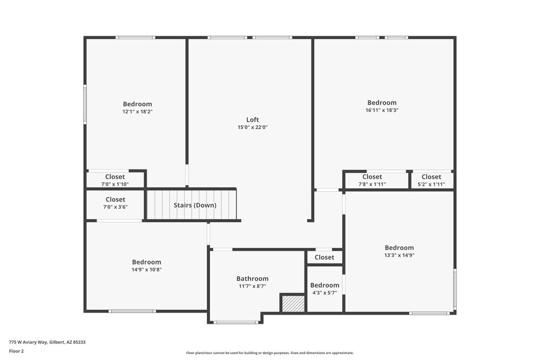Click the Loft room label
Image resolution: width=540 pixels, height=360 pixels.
252,120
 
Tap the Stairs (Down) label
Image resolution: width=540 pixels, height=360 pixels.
195,205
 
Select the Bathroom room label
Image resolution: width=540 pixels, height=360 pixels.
252,279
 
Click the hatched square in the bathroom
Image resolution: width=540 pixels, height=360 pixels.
293,303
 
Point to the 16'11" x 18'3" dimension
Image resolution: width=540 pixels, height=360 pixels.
382,110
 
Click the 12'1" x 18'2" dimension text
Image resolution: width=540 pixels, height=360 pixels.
137,112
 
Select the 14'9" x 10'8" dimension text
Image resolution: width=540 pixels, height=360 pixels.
146,270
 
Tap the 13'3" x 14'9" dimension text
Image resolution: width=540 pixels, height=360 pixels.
399,255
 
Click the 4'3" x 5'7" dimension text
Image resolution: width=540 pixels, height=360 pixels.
325,293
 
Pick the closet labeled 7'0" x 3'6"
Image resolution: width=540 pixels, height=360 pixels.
115,203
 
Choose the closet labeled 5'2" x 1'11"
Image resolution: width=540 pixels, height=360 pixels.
431,180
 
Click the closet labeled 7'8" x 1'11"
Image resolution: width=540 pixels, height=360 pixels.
372,180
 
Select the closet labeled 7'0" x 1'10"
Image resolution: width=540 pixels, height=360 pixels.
115,180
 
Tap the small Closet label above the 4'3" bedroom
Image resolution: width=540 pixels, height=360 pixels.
324,257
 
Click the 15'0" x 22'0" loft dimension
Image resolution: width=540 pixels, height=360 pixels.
252,127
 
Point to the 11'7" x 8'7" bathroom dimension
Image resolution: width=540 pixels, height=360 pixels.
252,286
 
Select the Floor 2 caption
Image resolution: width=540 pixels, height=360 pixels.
16,351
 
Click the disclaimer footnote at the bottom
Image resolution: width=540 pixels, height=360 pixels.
269,352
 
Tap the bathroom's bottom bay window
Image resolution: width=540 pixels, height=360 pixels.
235,323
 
